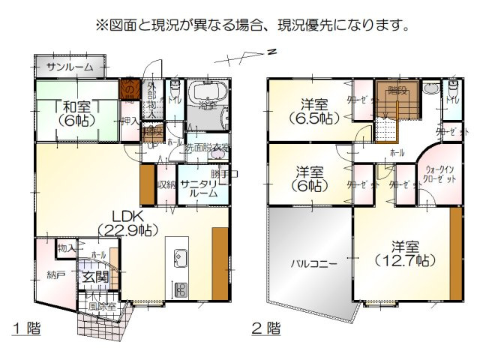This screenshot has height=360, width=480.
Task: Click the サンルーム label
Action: pos(70,67)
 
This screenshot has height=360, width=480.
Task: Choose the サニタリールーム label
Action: pos(202,187)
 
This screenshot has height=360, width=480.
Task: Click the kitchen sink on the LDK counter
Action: pos(180,259)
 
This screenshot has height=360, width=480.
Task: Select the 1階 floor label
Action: pos(26,328)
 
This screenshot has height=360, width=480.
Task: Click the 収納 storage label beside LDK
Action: pos(165,184)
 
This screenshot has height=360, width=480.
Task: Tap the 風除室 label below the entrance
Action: pos(103,306)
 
